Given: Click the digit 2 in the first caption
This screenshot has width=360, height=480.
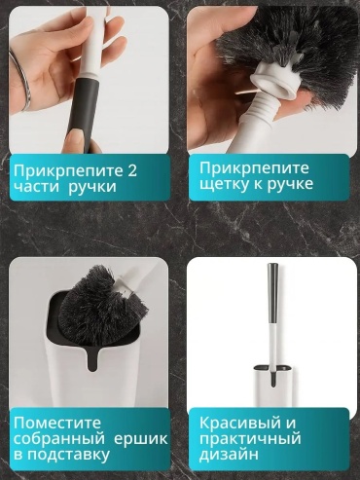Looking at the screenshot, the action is click(131, 171).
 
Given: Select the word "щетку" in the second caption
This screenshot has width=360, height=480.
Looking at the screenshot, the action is click(220, 185).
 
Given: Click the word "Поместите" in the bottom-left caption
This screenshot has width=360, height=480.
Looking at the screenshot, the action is click(57, 424).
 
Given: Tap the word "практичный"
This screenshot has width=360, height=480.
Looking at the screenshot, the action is click(250, 439).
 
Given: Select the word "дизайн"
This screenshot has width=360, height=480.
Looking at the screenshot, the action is click(229, 455).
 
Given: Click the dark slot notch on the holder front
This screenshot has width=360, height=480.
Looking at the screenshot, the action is click(93, 360).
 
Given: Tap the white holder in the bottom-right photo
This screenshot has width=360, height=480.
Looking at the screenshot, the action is click(274, 386).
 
